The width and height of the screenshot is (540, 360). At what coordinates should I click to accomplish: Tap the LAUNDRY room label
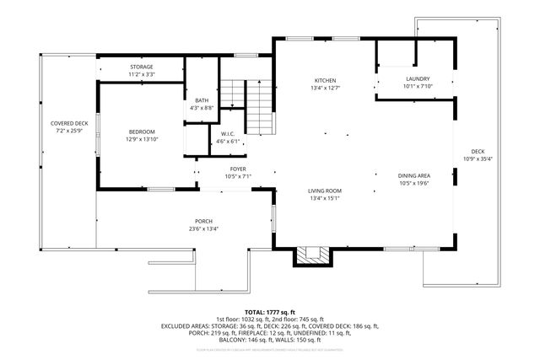(417, 78)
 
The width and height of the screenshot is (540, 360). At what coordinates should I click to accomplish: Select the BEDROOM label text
(142, 132)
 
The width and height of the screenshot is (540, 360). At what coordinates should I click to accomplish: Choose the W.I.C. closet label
(228, 134)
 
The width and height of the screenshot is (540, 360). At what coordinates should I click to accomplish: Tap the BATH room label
(202, 100)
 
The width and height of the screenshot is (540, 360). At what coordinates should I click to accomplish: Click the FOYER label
(238, 169)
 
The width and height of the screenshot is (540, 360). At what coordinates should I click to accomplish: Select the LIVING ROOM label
(324, 191)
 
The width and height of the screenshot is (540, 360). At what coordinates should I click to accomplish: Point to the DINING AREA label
(414, 176)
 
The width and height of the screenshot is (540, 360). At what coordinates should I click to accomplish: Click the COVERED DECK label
(68, 124)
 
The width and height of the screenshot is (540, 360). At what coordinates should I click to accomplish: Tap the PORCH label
(204, 221)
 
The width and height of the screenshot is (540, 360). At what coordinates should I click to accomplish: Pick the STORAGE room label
(141, 67)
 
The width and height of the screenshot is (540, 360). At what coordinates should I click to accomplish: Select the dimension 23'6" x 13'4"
(204, 228)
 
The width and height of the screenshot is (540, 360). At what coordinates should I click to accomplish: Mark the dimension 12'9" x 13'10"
(142, 139)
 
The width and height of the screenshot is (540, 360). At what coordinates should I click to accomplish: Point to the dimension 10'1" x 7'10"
(417, 86)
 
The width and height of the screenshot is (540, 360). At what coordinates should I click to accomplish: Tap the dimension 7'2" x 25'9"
(68, 132)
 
